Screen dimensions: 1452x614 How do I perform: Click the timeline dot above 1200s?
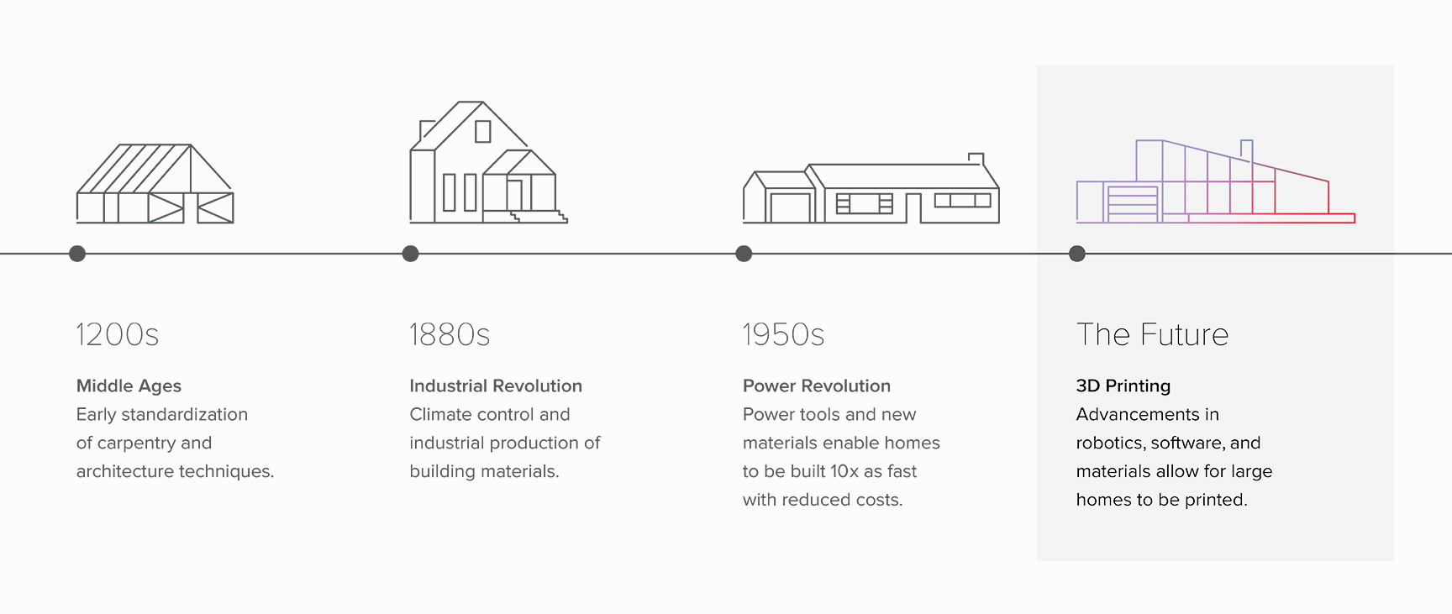click(x=77, y=254)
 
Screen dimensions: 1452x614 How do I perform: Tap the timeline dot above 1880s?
click(x=411, y=254)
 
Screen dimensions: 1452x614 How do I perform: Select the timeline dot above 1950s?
click(x=744, y=254)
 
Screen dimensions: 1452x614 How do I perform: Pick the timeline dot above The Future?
click(x=1077, y=254)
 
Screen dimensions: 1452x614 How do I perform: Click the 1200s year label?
click(x=118, y=334)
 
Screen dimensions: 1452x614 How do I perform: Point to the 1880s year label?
click(x=450, y=334)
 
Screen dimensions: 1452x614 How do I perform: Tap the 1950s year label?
click(x=783, y=334)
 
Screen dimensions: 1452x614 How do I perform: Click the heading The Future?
click(x=1152, y=334)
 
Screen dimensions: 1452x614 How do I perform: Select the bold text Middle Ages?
click(x=129, y=386)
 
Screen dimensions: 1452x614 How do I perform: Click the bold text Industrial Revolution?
click(x=496, y=386)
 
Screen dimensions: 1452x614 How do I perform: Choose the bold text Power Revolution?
click(x=817, y=386)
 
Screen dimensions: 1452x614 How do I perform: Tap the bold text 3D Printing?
click(x=1123, y=386)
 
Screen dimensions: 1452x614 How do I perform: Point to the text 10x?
click(x=844, y=472)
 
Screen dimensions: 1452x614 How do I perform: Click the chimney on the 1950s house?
click(x=976, y=159)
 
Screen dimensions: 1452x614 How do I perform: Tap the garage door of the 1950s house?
click(x=791, y=208)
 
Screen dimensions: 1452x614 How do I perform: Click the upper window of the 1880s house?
click(x=483, y=132)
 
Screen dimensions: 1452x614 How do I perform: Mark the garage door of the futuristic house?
click(x=1132, y=204)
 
